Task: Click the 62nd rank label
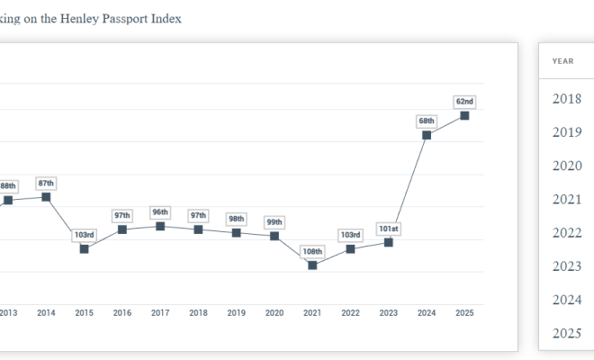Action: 464,102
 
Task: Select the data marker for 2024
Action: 427,134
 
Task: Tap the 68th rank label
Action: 427,121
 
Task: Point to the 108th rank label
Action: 312,251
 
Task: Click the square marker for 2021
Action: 312,265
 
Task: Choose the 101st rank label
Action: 388,229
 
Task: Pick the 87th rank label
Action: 46,183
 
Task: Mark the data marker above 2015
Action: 84,248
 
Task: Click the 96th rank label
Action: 160,212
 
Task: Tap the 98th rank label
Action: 236,219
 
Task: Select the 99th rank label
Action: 274,222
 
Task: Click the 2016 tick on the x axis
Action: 122,313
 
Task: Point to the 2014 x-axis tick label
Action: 46,313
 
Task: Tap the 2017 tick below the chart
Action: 160,313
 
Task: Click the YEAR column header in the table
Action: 563,61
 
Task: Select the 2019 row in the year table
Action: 567,132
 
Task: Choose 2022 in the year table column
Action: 567,233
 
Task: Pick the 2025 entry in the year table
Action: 567,334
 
